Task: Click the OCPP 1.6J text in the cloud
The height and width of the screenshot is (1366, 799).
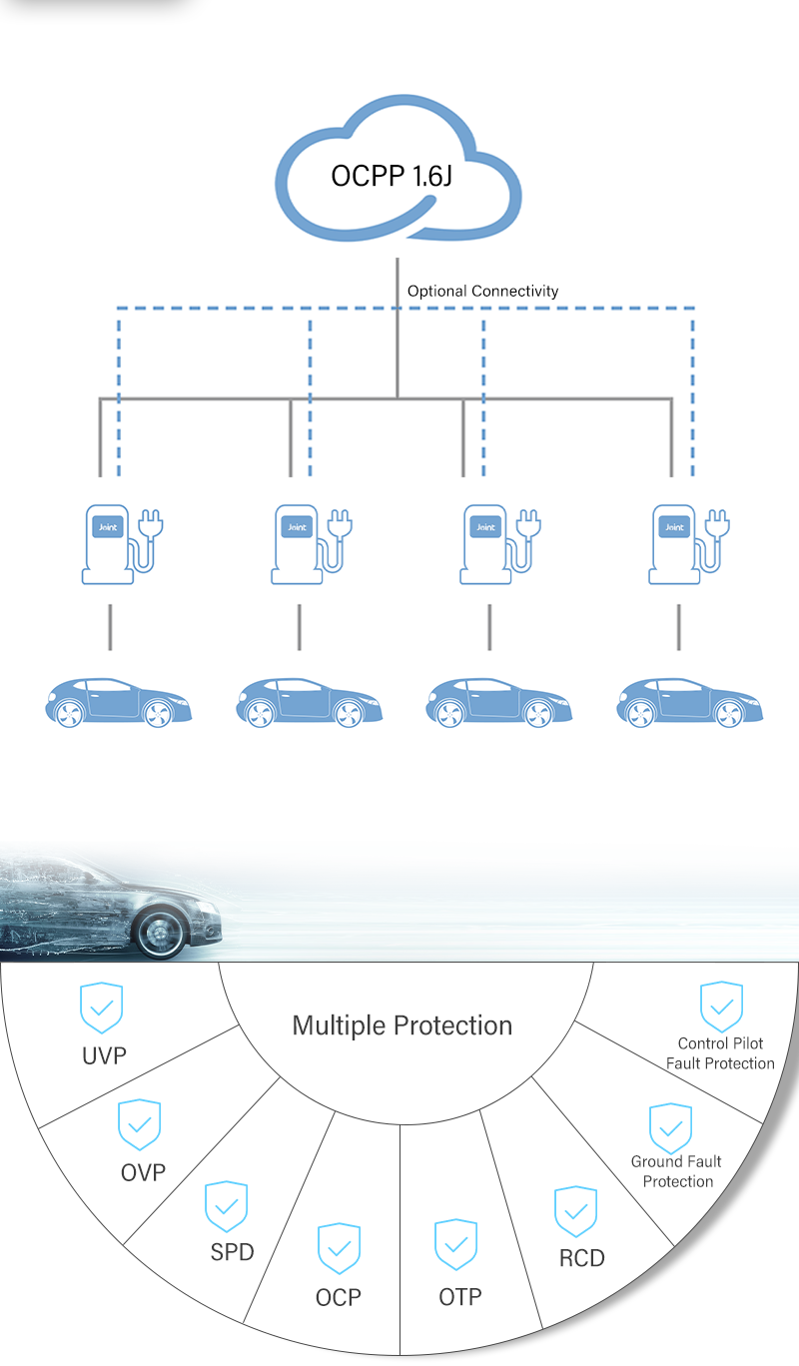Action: (392, 176)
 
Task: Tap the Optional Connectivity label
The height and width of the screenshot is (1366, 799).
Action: (482, 292)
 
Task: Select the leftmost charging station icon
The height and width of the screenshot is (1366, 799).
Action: (122, 544)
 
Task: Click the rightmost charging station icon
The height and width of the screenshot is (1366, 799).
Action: (688, 544)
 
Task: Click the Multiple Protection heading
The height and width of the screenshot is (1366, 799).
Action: (401, 1025)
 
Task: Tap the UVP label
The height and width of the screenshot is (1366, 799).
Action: (104, 1055)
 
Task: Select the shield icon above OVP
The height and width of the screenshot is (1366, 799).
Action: (139, 1124)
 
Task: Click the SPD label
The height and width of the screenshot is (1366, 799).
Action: (233, 1252)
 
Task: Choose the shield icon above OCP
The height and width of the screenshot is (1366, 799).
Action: (340, 1248)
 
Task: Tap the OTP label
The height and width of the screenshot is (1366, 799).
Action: (459, 1296)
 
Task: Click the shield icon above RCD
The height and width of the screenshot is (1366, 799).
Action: (575, 1211)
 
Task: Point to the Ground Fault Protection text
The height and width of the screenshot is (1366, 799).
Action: (677, 1171)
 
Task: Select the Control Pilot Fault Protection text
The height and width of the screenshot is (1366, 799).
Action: (720, 1053)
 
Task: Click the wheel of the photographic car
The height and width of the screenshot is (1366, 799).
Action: (160, 932)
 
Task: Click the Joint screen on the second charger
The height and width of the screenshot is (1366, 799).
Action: (297, 527)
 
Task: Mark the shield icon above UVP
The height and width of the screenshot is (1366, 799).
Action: (101, 1008)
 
